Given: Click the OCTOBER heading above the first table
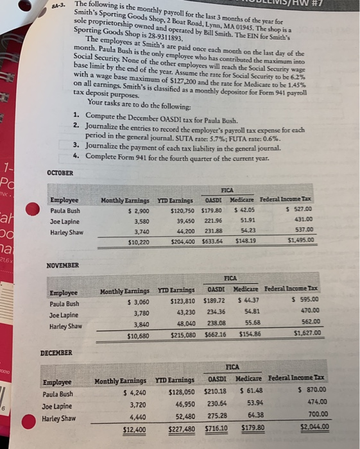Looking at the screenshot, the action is (60, 173).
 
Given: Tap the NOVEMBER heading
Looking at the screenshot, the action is (63, 265).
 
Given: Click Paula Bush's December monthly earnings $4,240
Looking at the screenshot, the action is (132, 393).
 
